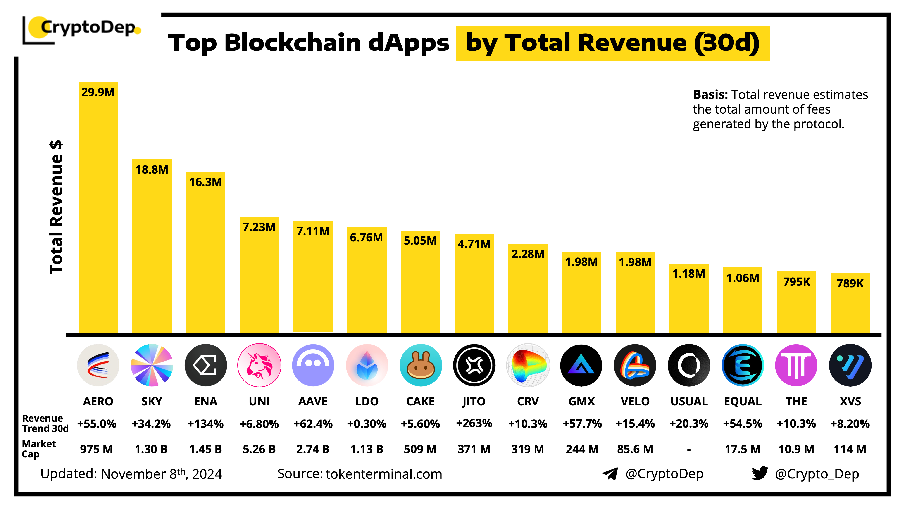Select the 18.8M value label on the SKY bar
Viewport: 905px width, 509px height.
click(x=152, y=170)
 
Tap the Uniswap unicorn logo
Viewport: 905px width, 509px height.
click(x=259, y=365)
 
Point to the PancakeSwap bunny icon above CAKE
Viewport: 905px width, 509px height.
click(x=421, y=365)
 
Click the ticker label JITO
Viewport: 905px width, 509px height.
click(x=474, y=401)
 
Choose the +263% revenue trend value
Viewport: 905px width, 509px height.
click(x=474, y=423)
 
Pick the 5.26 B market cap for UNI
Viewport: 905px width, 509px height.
click(x=259, y=449)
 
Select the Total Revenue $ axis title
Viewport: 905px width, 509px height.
click(x=56, y=207)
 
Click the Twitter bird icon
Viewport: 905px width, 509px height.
click(x=760, y=473)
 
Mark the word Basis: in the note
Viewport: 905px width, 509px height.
click(x=710, y=95)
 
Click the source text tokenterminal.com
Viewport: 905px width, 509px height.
click(x=384, y=474)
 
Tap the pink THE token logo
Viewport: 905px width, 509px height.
click(x=796, y=365)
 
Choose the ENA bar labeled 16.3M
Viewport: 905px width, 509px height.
click(x=205, y=253)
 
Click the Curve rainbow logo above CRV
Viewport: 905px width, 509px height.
click(x=528, y=365)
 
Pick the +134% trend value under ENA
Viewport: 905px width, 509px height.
click(x=205, y=424)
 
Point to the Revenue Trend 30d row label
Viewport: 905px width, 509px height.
click(x=45, y=423)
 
